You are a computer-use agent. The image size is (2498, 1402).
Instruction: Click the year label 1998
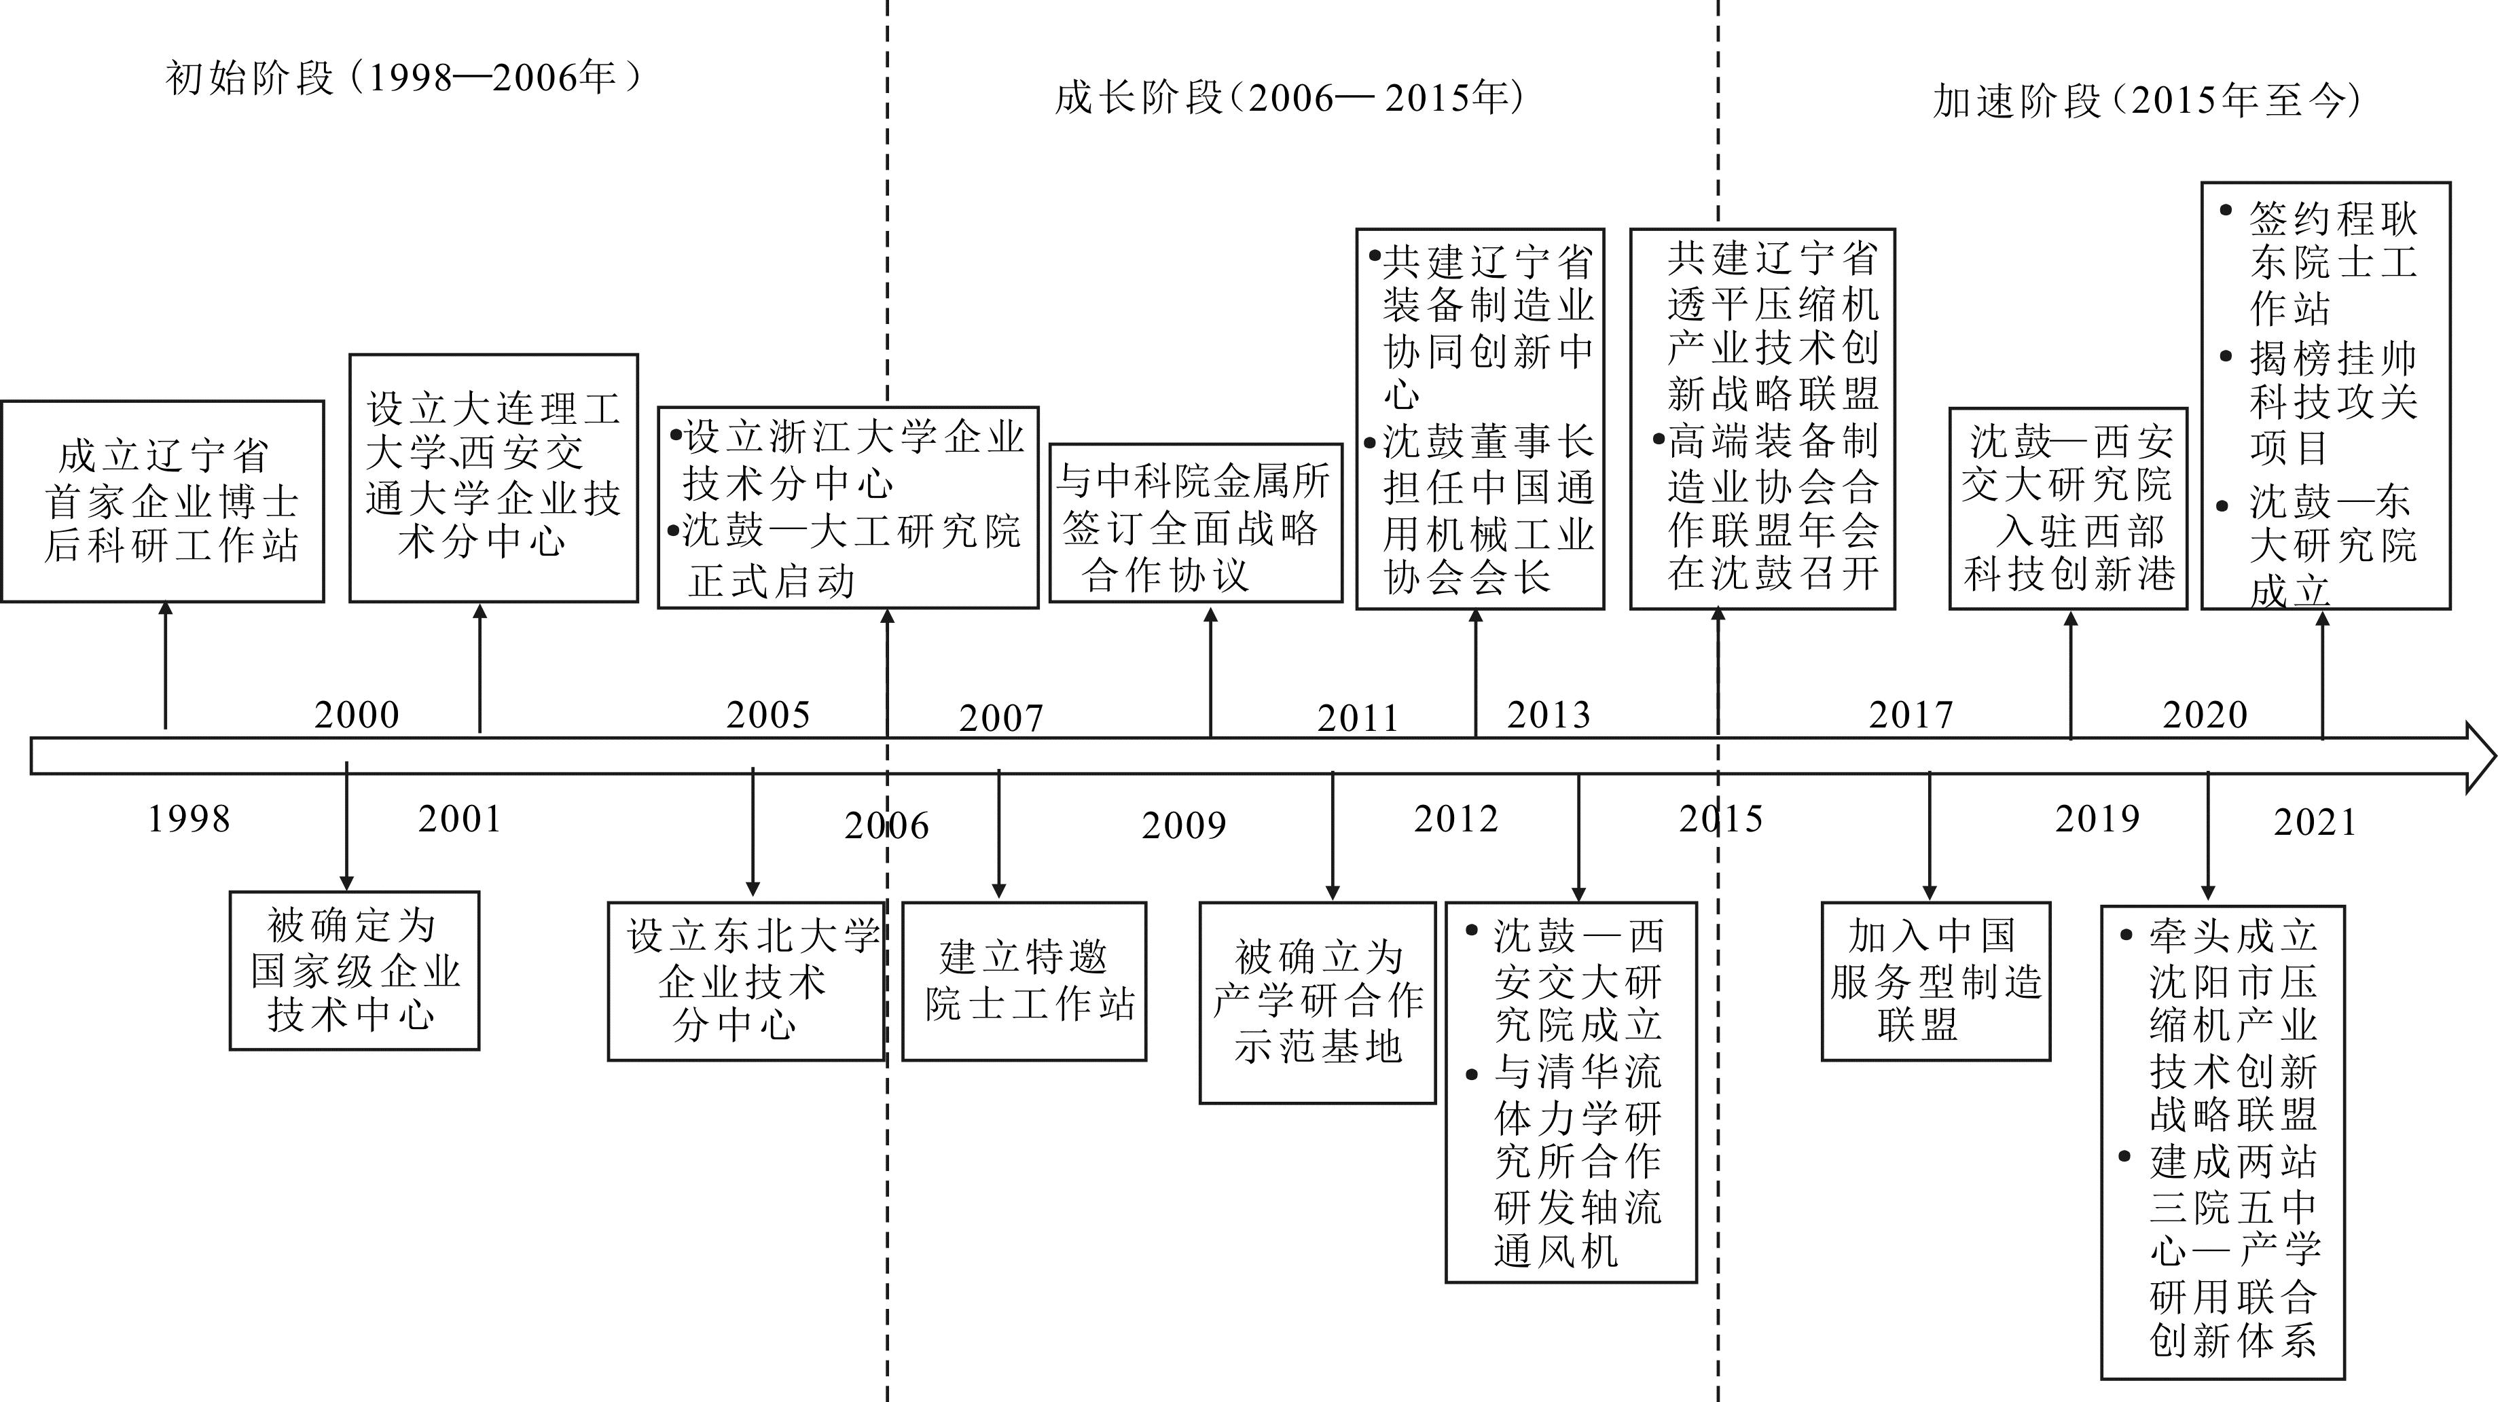click(189, 819)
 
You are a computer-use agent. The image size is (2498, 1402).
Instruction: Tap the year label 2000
click(357, 715)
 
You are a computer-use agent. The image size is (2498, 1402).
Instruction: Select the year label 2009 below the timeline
click(1184, 826)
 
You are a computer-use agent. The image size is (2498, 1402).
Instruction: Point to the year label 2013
click(1549, 715)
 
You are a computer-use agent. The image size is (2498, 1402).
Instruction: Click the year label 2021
click(2315, 823)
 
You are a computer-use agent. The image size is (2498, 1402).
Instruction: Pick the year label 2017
click(1911, 715)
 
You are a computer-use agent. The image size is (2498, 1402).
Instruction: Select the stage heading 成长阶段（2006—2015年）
click(1290, 98)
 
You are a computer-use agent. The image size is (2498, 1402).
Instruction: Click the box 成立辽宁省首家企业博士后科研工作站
click(163, 501)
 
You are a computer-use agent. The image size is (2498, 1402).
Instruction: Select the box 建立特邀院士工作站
click(1024, 982)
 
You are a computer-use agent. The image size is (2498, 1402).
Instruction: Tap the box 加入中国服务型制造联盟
click(1936, 982)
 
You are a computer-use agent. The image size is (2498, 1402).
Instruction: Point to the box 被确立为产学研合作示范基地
click(1318, 1003)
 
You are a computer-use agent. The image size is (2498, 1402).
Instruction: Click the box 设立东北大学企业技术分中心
click(746, 982)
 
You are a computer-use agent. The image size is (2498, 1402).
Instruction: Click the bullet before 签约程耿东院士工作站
click(2226, 211)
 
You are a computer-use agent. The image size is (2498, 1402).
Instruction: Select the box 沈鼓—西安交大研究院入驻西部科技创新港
click(2068, 508)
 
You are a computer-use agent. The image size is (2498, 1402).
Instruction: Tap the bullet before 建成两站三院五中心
click(2126, 1157)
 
